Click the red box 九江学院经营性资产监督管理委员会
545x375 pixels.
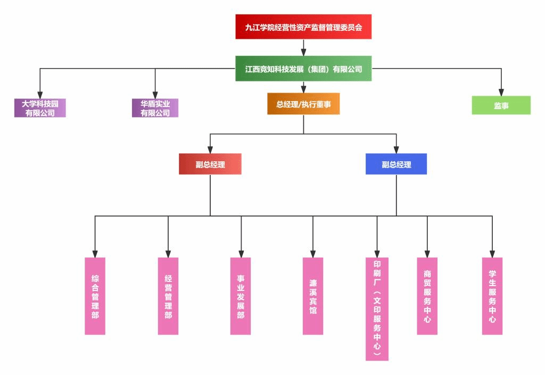coord(303,27)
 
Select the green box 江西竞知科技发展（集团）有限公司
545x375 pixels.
coord(303,69)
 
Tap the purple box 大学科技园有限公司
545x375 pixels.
coord(40,108)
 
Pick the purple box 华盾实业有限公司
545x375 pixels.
coord(155,108)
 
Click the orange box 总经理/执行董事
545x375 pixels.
coord(303,104)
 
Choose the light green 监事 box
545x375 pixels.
coord(501,105)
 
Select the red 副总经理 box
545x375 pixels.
coord(210,164)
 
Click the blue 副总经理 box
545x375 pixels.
coord(396,164)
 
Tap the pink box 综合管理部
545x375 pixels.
coord(95,296)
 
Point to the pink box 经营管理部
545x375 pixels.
coord(168,296)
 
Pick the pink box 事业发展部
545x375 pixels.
coord(241,296)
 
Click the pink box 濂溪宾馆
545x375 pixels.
coord(313,296)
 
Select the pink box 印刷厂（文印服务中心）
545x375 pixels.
coord(377,309)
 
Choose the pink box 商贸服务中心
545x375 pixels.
coord(427,296)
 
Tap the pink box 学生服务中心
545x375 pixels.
coord(492,296)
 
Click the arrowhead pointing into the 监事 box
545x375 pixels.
coord(501,92)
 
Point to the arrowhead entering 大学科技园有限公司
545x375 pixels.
coord(40,95)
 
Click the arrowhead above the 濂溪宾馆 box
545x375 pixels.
coord(313,254)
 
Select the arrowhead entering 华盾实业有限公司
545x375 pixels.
coord(155,95)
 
